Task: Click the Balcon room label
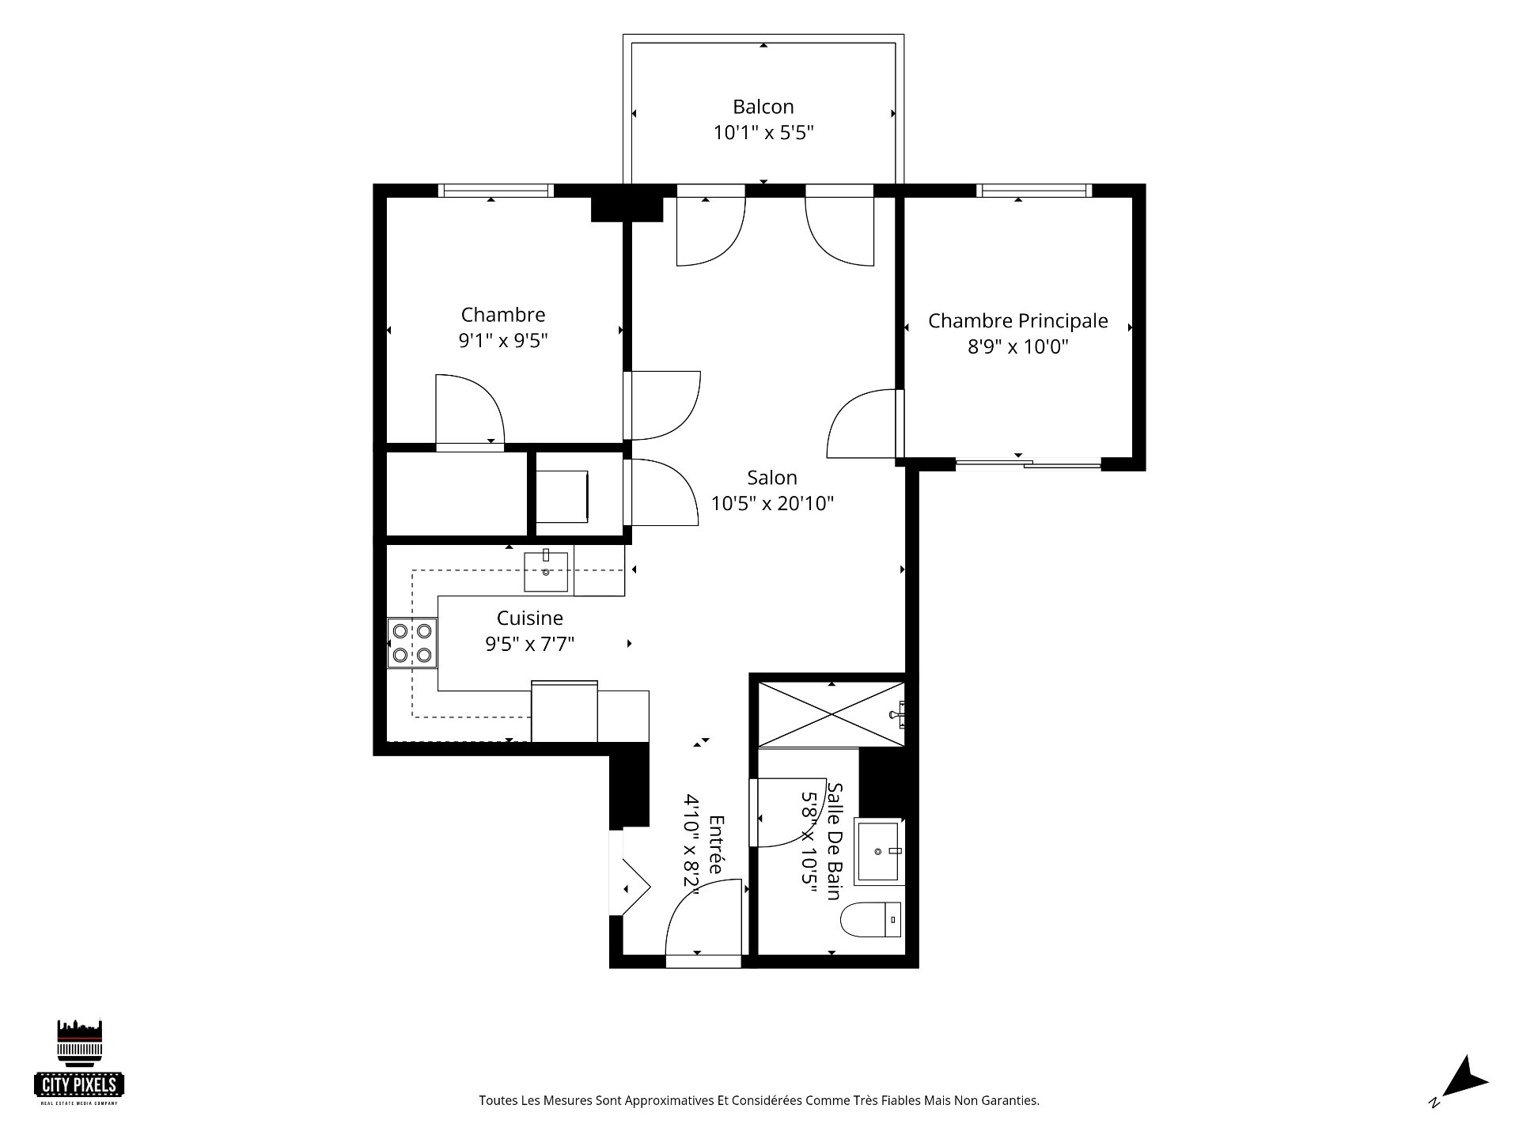click(763, 107)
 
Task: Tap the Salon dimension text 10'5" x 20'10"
click(772, 504)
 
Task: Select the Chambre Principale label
click(1017, 321)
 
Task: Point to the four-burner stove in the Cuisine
click(412, 643)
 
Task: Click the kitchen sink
click(546, 572)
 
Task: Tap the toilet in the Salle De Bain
click(871, 919)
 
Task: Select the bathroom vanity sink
click(880, 851)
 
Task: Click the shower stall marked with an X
click(831, 714)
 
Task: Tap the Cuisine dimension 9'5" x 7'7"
click(530, 644)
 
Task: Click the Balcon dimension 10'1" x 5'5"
click(763, 132)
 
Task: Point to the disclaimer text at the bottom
click(759, 1100)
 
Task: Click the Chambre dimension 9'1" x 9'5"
click(503, 341)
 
